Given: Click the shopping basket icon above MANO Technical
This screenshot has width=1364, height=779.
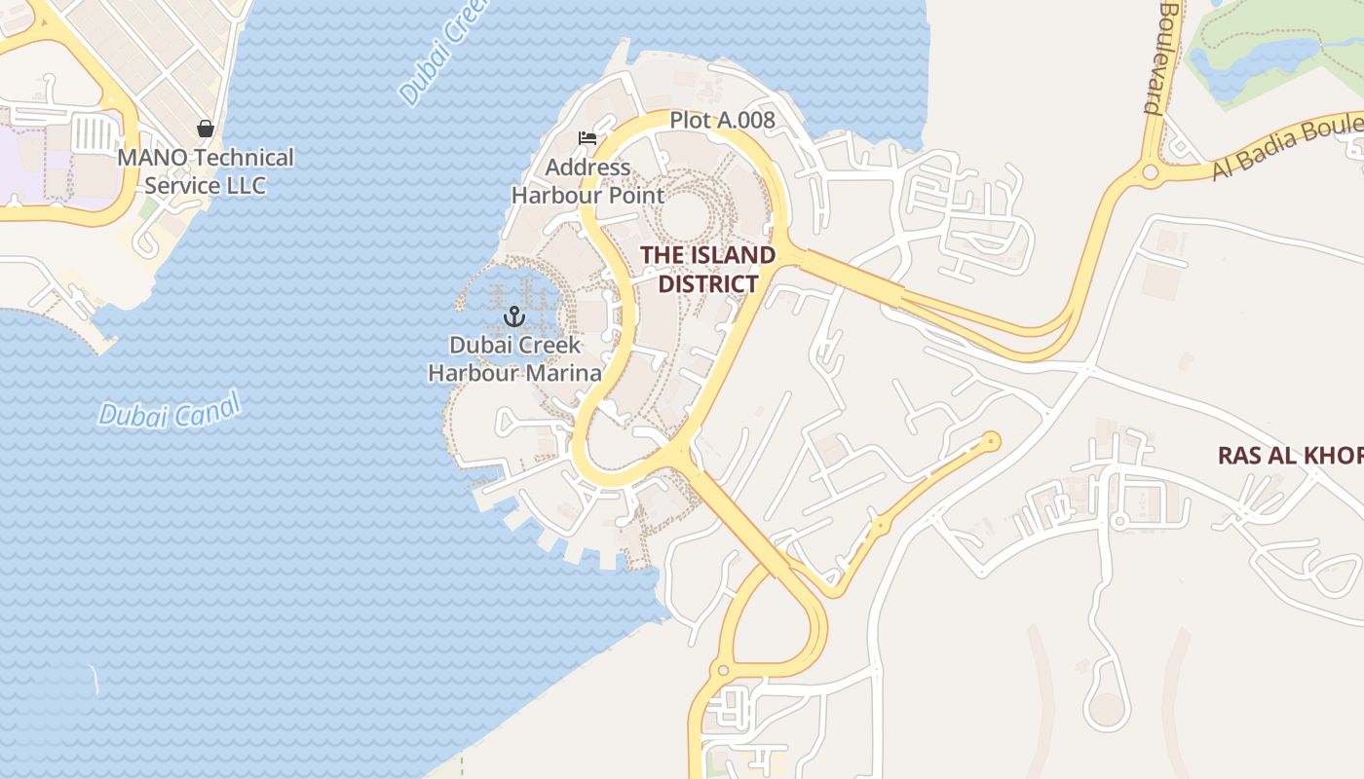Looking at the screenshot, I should coord(206,129).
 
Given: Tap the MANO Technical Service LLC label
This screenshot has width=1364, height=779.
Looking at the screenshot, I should coord(206,171).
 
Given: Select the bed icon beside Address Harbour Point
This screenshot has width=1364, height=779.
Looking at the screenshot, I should coord(587,138).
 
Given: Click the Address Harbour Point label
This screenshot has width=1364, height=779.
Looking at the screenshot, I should coord(588,181).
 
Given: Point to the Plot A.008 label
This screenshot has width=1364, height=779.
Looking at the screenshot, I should coord(722,120).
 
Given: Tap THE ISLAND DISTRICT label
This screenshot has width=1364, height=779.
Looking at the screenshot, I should coord(708,270).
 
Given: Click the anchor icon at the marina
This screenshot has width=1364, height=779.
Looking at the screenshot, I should coord(513,316).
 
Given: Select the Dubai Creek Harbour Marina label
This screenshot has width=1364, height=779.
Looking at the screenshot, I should coord(515,358).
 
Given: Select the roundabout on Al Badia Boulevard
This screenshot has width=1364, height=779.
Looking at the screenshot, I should coord(1151,173).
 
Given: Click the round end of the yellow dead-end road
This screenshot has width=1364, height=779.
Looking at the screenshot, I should coord(992,441).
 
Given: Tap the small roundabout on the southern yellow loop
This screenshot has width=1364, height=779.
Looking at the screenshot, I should coord(723,671).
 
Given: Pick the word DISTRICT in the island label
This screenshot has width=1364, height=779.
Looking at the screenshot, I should coord(708,284).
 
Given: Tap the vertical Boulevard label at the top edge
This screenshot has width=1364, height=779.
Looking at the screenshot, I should coord(1165,58).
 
